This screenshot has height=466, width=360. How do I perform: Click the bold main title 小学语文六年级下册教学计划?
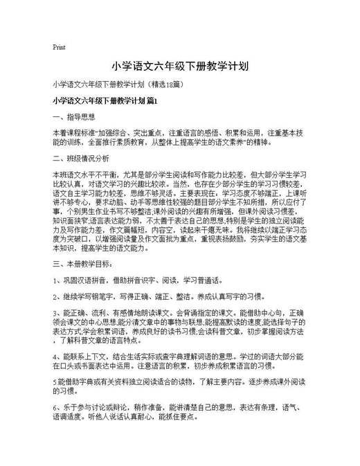pyautogui.click(x=179, y=66)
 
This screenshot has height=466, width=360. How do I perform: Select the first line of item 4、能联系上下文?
pyautogui.click(x=179, y=356)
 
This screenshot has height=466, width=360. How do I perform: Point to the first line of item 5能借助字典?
pyautogui.click(x=179, y=382)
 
